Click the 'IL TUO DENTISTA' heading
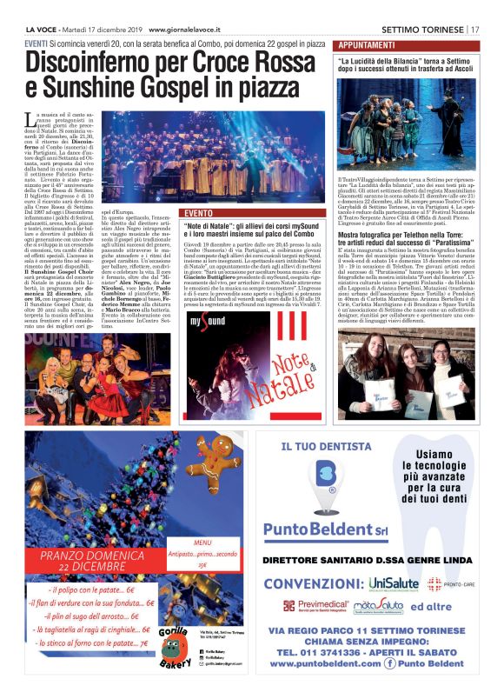[x=322, y=447]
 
